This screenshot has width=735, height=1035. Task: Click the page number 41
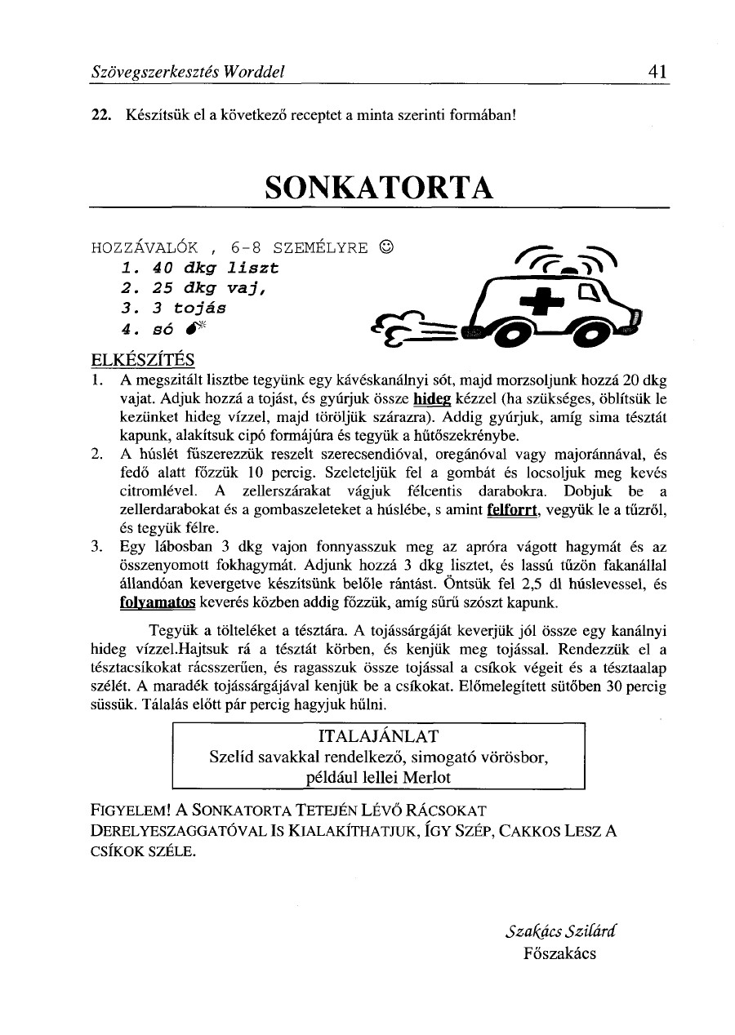(x=659, y=71)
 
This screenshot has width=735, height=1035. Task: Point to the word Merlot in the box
(x=426, y=777)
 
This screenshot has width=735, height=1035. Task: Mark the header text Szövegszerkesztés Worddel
(x=187, y=72)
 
